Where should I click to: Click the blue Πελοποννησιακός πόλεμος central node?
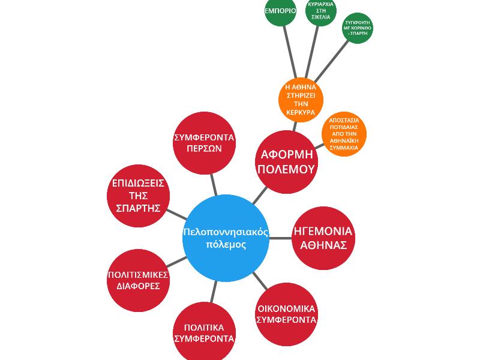(226, 238)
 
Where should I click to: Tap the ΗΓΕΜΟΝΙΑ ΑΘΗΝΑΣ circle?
(322, 238)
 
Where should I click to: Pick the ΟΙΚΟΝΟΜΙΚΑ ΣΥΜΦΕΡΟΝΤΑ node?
(286, 314)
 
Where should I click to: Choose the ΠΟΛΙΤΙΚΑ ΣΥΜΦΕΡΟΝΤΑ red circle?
(204, 332)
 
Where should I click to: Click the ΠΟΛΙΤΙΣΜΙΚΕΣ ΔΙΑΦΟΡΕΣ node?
(138, 280)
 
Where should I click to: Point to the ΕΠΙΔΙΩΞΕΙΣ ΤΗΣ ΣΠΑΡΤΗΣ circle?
(138, 196)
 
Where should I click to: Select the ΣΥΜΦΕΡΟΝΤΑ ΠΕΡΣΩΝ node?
(204, 143)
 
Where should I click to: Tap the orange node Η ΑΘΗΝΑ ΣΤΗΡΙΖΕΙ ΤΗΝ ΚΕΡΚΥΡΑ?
(301, 100)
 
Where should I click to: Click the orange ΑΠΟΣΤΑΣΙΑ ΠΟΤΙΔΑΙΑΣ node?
(344, 134)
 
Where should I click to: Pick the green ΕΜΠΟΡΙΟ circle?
(280, 11)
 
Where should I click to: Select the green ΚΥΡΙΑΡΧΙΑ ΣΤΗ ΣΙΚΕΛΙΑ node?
(320, 11)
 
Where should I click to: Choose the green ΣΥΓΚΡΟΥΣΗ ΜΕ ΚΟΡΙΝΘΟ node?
(358, 28)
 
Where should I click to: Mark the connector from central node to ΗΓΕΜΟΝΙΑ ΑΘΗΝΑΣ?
(280, 238)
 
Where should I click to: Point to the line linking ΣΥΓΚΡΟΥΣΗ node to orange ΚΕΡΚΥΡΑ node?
(332, 60)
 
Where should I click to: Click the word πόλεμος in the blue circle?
(226, 245)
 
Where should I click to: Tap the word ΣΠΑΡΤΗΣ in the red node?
(138, 208)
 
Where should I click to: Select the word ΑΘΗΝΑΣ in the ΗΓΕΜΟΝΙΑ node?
(322, 245)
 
